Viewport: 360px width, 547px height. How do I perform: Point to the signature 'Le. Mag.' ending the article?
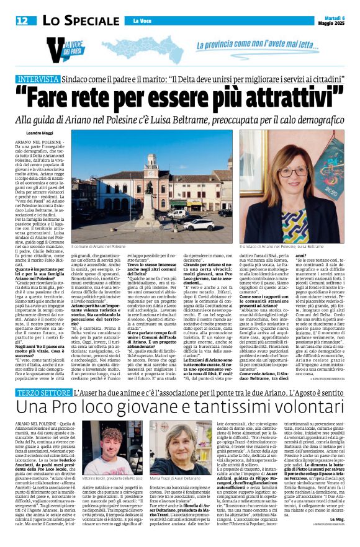(x=337, y=535)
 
